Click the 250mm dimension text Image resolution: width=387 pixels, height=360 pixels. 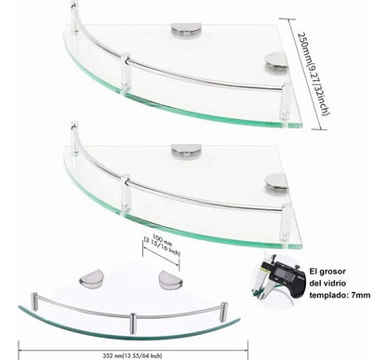[x=313, y=73]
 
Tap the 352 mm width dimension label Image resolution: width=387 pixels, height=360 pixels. [x=132, y=355]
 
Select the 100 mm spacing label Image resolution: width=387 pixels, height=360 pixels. [x=162, y=247]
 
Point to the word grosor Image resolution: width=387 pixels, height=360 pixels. [x=332, y=272]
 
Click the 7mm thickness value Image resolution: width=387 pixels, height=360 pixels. [x=361, y=295]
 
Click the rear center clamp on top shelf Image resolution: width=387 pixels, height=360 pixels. [x=186, y=31]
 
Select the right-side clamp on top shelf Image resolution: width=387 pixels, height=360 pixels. [x=276, y=63]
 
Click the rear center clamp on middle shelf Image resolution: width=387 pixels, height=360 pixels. [x=186, y=152]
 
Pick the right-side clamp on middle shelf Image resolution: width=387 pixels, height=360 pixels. [x=276, y=184]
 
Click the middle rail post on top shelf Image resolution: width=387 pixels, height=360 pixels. [x=126, y=72]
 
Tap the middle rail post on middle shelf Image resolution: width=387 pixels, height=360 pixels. [x=126, y=193]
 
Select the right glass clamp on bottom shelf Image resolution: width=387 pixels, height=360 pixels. [x=170, y=279]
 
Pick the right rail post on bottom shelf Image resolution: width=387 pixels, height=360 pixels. [x=224, y=311]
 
